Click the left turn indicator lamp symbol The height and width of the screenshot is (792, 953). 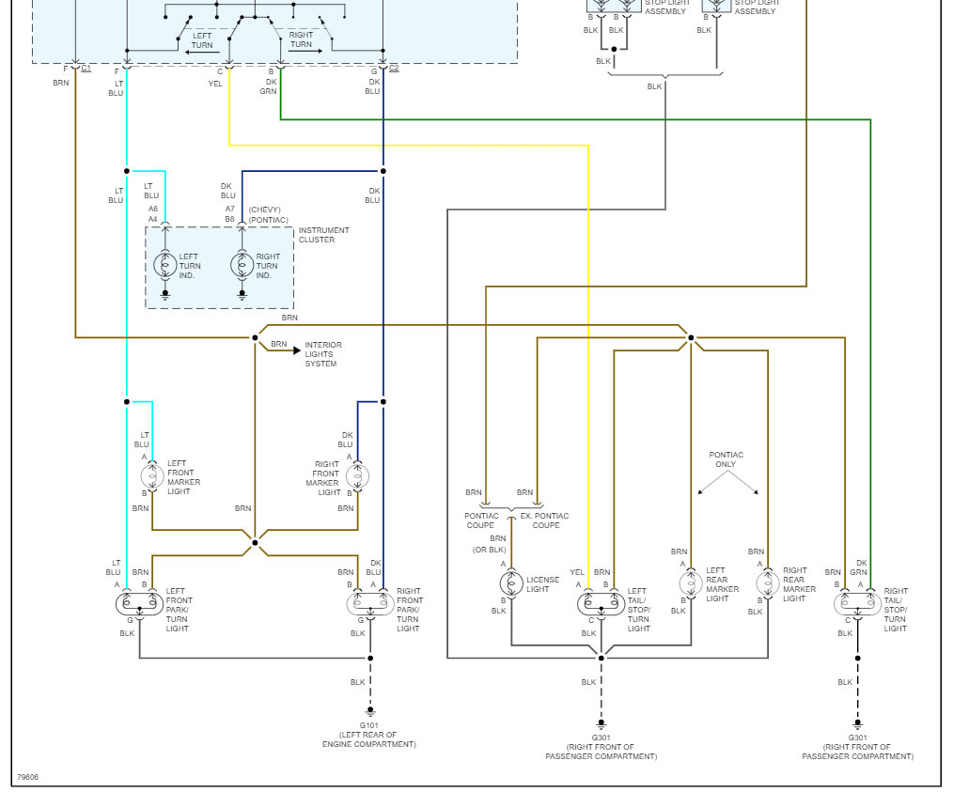165,265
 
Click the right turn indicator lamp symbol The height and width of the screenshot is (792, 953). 242,265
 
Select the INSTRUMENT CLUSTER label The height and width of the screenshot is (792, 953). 323,235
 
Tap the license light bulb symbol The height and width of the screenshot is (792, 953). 511,583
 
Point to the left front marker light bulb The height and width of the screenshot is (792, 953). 152,476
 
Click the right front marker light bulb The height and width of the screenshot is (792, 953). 358,476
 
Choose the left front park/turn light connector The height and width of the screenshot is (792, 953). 139,602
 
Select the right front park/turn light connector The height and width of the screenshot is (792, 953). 370,602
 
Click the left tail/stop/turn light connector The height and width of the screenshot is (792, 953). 601,602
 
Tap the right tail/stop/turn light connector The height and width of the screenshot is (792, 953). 857,602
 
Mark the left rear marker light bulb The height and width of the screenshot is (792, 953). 691,583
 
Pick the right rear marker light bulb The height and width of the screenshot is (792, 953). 768,583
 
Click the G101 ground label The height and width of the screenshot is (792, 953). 369,725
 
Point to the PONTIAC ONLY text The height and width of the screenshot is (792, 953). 726,459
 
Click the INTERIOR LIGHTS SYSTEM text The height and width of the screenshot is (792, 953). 323,354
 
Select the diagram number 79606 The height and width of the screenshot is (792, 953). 28,778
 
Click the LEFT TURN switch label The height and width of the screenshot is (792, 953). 202,40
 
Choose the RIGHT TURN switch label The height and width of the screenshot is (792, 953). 301,40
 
